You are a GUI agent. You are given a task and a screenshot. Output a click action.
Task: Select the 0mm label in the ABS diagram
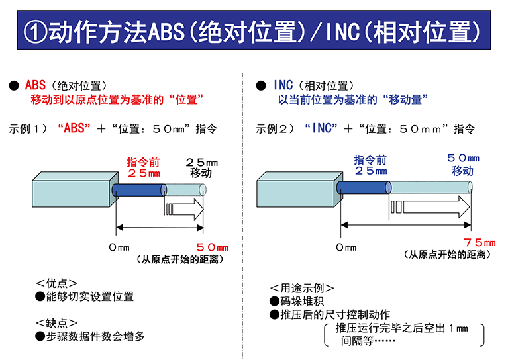[x=118, y=247]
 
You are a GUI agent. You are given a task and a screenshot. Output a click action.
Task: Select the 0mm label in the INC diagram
[x=346, y=247]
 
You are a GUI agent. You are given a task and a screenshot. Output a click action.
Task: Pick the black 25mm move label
[x=201, y=167]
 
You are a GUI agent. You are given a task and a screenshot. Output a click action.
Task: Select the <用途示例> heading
[x=301, y=288]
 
